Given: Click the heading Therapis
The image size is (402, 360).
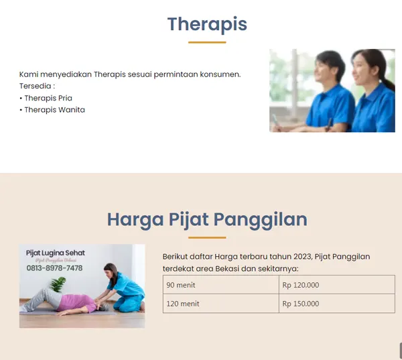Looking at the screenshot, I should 207,24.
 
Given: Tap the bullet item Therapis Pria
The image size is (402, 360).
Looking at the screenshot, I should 48,98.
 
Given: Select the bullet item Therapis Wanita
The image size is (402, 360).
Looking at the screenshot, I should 54,110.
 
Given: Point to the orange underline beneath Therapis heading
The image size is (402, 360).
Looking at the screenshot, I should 207,42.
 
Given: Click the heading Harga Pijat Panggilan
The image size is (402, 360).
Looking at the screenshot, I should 207,219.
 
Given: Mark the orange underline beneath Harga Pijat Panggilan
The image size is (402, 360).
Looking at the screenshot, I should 207,238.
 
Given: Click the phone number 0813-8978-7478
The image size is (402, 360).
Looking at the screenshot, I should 54,268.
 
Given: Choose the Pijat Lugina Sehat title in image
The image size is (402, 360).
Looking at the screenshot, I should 55,253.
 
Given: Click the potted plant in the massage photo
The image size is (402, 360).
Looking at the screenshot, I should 58,284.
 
